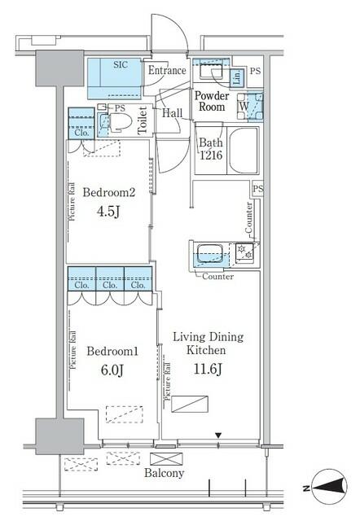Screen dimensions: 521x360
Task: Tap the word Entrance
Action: tap(167, 72)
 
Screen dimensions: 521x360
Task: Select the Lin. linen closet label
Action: tap(236, 78)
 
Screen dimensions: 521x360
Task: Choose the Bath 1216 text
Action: tap(210, 151)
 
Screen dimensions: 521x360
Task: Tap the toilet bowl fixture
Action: tap(117, 123)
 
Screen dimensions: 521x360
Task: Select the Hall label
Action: tap(172, 115)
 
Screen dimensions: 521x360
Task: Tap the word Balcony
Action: tap(165, 473)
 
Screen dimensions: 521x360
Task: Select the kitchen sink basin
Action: tap(206, 252)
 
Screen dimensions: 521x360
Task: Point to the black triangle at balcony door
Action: tap(217, 436)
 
